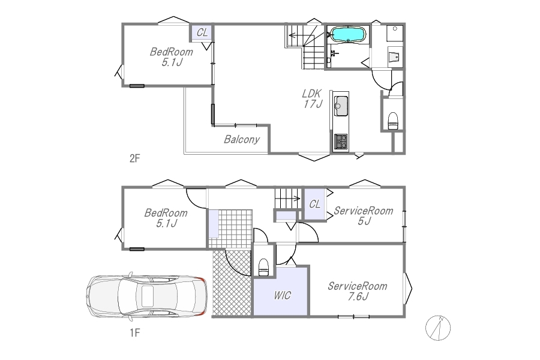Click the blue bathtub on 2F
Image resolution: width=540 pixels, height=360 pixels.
pyautogui.click(x=347, y=34)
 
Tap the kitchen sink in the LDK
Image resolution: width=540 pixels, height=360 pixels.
pyautogui.click(x=341, y=106)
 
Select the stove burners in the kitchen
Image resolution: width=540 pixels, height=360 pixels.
pyautogui.click(x=341, y=142)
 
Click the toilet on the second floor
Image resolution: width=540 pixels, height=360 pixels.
pyautogui.click(x=393, y=121)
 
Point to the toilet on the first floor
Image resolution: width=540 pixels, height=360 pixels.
pyautogui.click(x=263, y=267)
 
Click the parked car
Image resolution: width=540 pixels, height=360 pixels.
pyautogui.click(x=146, y=296)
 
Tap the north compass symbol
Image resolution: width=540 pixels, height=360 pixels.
pyautogui.click(x=438, y=328)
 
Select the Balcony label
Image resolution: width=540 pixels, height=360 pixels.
pyautogui.click(x=242, y=139)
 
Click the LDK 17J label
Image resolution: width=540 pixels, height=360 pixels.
pyautogui.click(x=313, y=98)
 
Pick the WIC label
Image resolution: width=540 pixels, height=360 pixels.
pyautogui.click(x=282, y=295)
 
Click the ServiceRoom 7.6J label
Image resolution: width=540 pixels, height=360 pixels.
pyautogui.click(x=358, y=291)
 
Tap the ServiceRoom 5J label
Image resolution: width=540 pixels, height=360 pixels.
pyautogui.click(x=364, y=215)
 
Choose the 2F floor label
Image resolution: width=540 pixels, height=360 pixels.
pyautogui.click(x=134, y=158)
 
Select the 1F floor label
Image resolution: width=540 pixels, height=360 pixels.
pyautogui.click(x=134, y=333)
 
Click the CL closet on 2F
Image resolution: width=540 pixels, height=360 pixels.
pyautogui.click(x=202, y=33)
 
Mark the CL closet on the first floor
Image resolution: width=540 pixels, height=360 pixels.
pyautogui.click(x=314, y=204)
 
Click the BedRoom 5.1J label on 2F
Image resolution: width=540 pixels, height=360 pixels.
pyautogui.click(x=171, y=57)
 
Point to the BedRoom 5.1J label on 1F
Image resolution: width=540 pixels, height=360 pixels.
pyautogui.click(x=166, y=218)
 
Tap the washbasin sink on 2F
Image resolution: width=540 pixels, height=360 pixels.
pyautogui.click(x=395, y=56)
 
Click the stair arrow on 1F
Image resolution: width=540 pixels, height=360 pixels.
pyautogui.click(x=287, y=199)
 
